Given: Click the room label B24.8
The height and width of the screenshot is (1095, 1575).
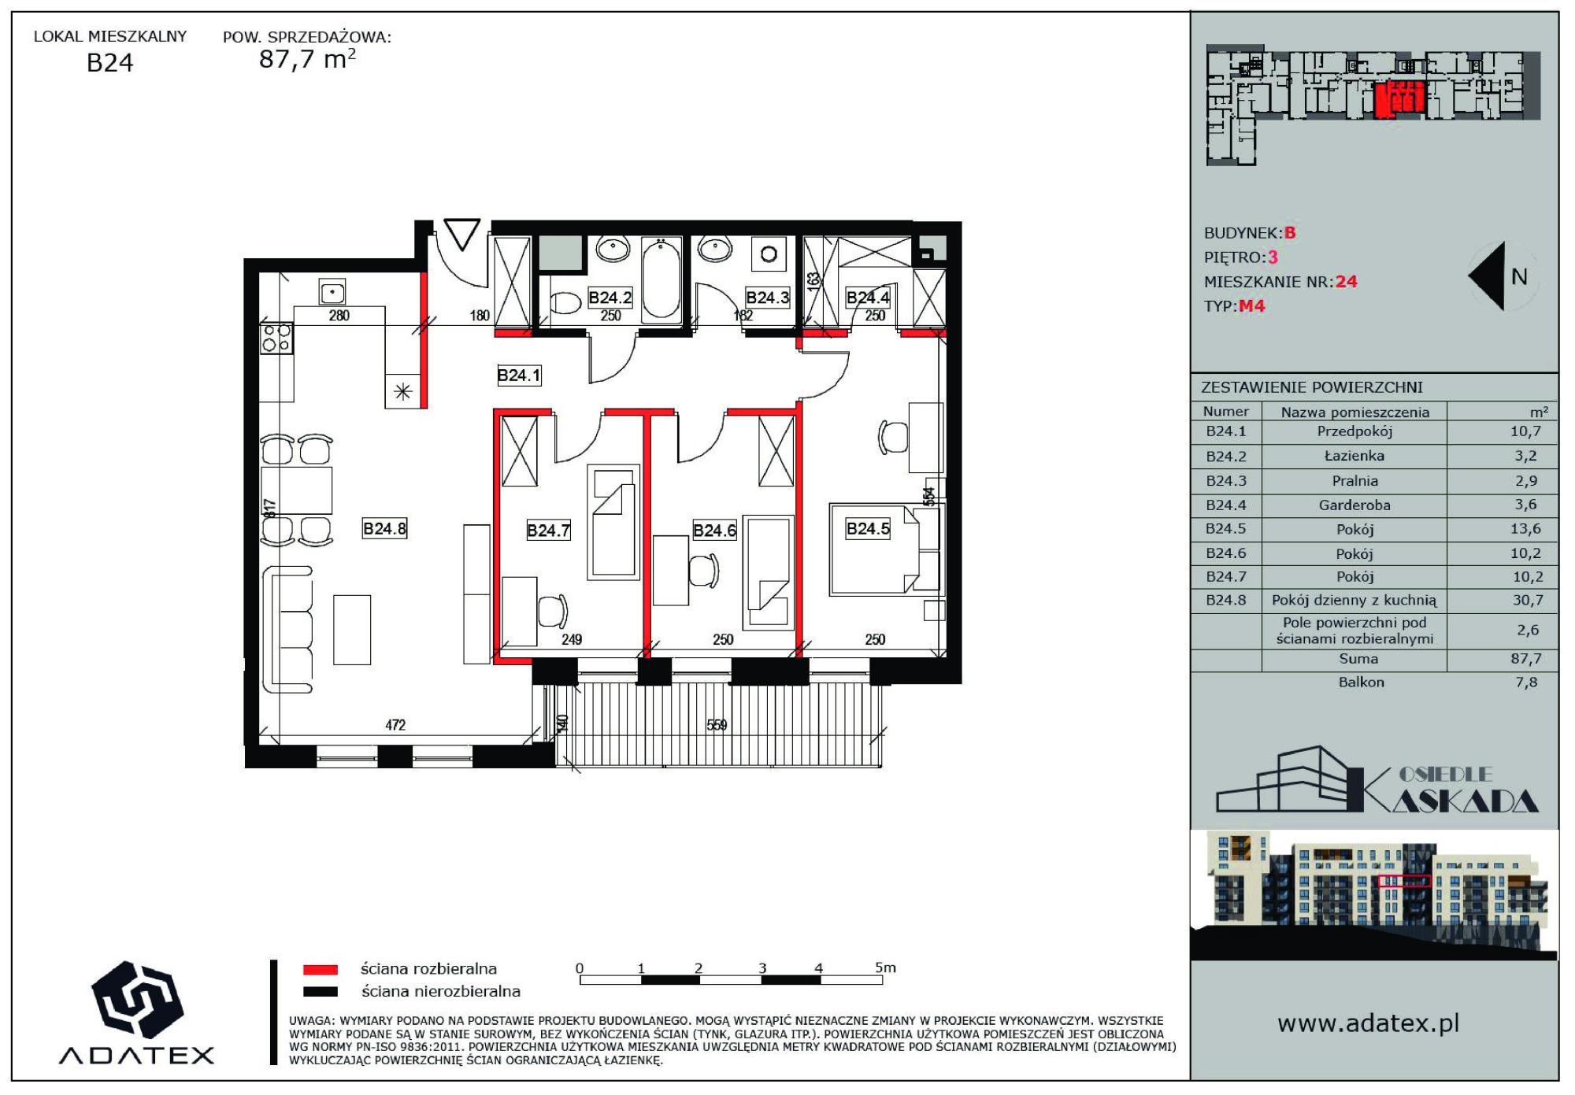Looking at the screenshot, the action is tap(384, 528).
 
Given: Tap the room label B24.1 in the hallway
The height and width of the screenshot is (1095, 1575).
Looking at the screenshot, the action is tap(519, 375).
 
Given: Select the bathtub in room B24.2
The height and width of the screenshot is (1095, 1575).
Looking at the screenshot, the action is tap(661, 279).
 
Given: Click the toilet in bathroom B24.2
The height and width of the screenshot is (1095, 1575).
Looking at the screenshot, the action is tap(565, 302).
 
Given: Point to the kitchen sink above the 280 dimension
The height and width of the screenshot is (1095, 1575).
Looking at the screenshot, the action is tap(332, 292).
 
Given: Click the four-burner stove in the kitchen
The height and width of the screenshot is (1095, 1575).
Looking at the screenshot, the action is tap(276, 338).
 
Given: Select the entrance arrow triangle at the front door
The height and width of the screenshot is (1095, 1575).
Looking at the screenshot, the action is tap(461, 234).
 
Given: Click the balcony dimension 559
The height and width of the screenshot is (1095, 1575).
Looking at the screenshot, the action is tap(717, 725).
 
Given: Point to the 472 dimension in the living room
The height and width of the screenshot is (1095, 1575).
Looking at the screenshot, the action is tap(395, 725).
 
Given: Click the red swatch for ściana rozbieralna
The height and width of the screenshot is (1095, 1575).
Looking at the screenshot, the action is tap(321, 970).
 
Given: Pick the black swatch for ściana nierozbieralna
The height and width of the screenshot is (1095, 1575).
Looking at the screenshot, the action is tap(321, 992).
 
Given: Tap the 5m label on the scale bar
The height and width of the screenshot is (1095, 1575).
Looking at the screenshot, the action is tap(886, 967).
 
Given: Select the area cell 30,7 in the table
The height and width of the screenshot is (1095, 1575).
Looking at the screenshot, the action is tap(1527, 601).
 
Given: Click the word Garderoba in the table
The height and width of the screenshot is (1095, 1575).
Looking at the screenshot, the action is tap(1354, 505).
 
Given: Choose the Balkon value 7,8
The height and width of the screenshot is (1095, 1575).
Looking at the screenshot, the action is tap(1526, 683).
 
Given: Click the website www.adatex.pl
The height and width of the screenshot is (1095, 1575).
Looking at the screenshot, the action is tap(1369, 1023).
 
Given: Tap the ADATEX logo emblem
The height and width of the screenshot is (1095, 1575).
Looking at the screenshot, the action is tap(138, 999).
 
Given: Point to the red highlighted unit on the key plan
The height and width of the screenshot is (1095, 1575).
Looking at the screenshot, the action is tap(1400, 99).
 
